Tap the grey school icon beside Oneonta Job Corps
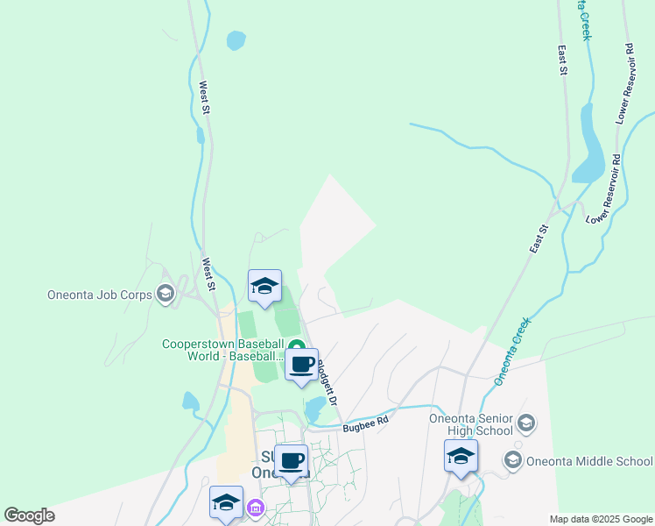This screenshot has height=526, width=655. pyautogui.click(x=165, y=294)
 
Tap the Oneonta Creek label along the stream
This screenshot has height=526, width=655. pyautogui.click(x=512, y=354)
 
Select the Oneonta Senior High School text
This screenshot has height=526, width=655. pyautogui.click(x=470, y=423)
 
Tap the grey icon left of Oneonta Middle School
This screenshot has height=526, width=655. pyautogui.click(x=513, y=460)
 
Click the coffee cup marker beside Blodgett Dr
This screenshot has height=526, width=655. pyautogui.click(x=301, y=365)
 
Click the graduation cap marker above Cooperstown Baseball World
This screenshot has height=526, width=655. pyautogui.click(x=265, y=285)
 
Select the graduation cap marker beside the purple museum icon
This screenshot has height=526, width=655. pyautogui.click(x=226, y=503)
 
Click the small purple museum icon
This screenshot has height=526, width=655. pyautogui.click(x=256, y=507)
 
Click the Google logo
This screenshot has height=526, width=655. pyautogui.click(x=29, y=515)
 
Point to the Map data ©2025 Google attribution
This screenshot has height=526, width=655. pyautogui.click(x=601, y=519)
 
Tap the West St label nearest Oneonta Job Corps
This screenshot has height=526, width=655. pyautogui.click(x=209, y=274)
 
